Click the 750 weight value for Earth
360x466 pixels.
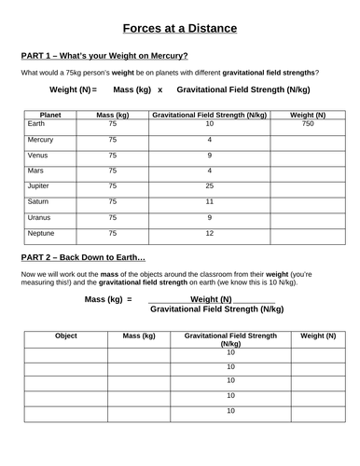pos(307,123)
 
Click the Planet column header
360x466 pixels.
pos(51,113)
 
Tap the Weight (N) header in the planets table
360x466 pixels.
pos(307,113)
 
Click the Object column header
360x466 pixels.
pos(65,335)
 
